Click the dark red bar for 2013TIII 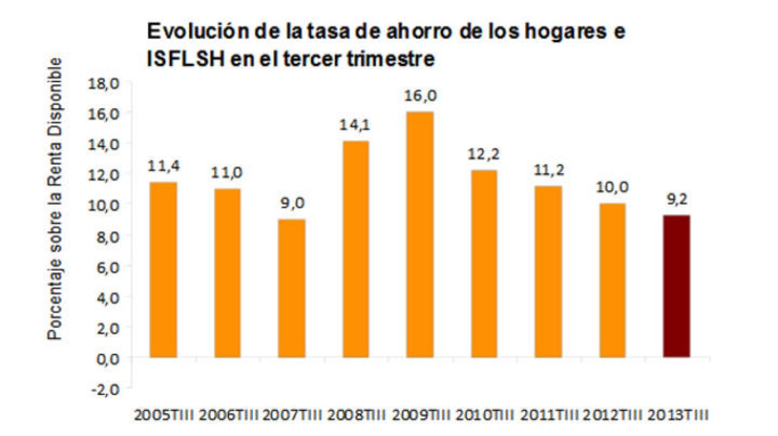[x=676, y=286]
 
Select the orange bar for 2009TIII [x=420, y=235]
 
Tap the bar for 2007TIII [x=291, y=288]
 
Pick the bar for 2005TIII [x=163, y=270]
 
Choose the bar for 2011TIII [x=548, y=272]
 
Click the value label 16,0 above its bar [x=420, y=96]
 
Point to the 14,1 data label [x=354, y=125]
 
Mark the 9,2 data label [x=676, y=200]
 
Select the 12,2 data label [x=483, y=155]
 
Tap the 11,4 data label [x=163, y=166]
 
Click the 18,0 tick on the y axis [x=103, y=83]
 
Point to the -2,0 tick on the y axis [x=103, y=389]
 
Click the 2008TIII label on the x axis [x=356, y=416]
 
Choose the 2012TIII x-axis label [x=613, y=416]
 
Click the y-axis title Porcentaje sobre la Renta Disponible [x=55, y=199]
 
